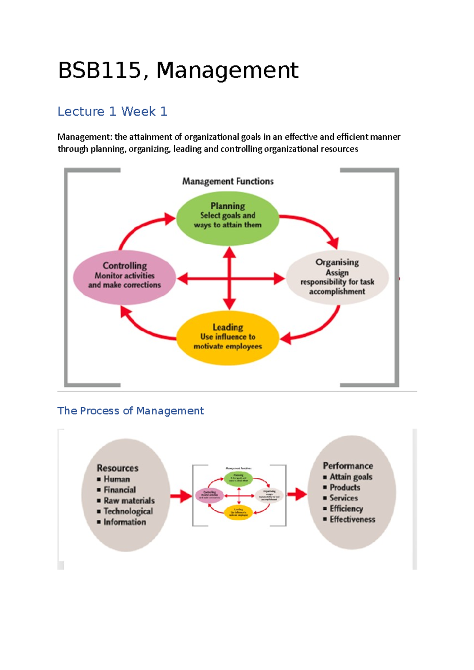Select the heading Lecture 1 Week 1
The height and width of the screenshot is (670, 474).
click(112, 112)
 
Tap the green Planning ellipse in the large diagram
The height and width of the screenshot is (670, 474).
click(228, 218)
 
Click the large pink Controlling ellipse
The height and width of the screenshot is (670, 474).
click(124, 277)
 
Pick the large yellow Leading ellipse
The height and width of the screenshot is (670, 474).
click(228, 338)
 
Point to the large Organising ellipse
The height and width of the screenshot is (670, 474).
click(337, 277)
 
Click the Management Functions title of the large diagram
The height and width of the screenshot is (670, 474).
click(228, 182)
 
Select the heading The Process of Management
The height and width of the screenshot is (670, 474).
click(130, 411)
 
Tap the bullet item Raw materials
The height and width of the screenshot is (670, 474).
click(129, 501)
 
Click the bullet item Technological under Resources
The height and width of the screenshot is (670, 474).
click(128, 511)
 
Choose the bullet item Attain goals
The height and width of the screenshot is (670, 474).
click(351, 477)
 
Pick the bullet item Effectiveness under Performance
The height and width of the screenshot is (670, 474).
click(352, 520)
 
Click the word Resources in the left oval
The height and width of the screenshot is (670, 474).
click(117, 468)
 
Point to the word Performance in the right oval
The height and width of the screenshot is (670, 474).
click(348, 466)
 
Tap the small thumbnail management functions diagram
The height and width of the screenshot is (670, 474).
click(239, 496)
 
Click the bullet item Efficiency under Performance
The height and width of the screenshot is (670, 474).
click(346, 509)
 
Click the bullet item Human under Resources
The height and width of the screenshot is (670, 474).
click(117, 479)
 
